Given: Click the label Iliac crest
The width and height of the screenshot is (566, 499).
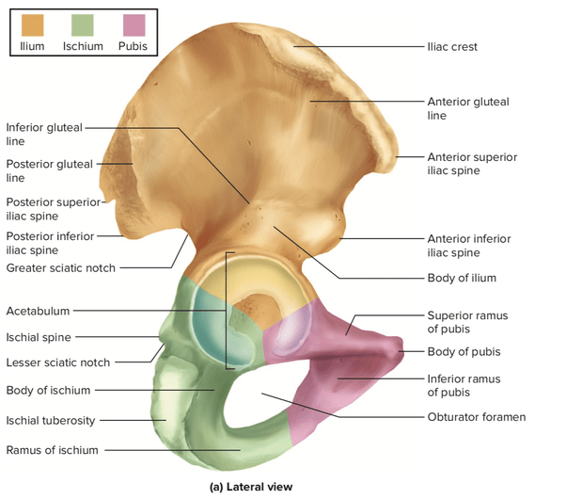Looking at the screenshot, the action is [453, 46].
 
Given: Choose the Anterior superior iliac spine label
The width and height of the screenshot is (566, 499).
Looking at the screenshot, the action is [471, 164].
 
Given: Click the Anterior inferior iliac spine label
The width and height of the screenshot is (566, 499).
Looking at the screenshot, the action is [469, 246].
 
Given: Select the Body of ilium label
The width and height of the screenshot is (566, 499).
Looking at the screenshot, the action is [462, 278].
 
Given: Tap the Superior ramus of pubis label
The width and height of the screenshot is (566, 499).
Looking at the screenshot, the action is [467, 322].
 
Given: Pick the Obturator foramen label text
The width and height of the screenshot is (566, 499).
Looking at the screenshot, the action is [476, 416].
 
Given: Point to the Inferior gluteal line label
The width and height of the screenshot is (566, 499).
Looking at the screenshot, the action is [44, 134].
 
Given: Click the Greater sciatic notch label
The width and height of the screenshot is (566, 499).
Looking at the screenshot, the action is [60, 268].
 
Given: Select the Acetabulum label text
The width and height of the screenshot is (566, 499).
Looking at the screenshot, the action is [37, 311].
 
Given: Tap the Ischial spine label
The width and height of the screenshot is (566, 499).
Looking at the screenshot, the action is [39, 337].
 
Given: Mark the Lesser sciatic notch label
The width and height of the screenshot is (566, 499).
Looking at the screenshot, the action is [57, 362].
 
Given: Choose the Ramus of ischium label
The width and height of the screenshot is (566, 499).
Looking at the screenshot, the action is [52, 450].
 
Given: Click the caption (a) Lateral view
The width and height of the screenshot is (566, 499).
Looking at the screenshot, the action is [250, 487].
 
